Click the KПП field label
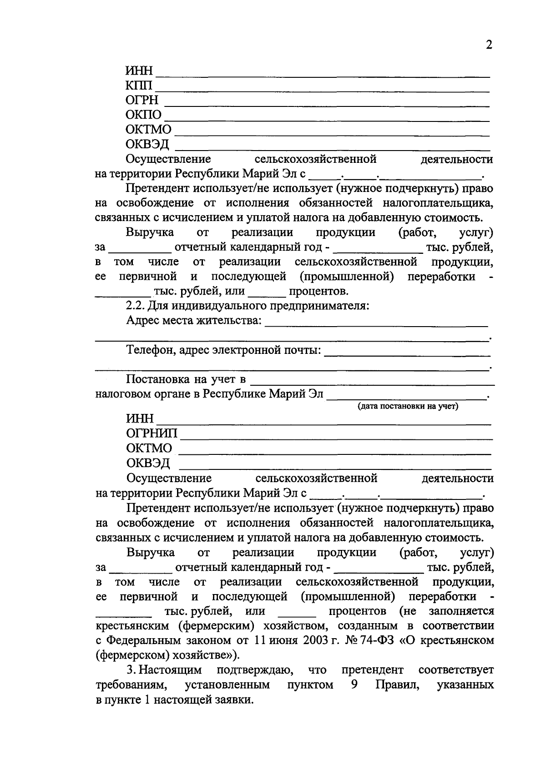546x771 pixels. (140, 86)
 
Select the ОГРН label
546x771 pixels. (142, 101)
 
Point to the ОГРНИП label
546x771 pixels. (152, 433)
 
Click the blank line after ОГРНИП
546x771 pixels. (337, 438)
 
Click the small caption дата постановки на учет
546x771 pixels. (408, 406)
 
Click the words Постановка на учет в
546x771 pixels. (186, 380)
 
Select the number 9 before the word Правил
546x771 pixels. (354, 685)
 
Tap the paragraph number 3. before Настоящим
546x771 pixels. (131, 670)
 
